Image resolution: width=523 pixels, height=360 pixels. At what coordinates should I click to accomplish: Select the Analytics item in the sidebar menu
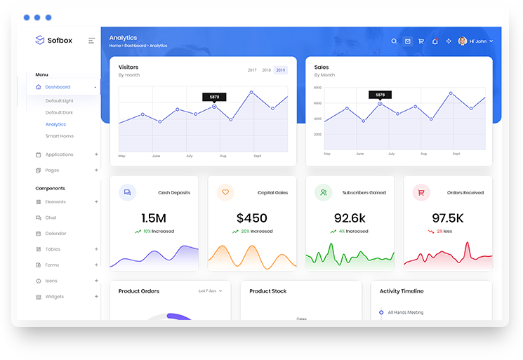[55, 124]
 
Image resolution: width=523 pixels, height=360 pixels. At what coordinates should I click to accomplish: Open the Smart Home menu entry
[59, 136]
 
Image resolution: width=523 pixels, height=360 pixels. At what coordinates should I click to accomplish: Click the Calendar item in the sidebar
[55, 234]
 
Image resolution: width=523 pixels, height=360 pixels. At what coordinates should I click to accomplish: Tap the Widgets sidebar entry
[54, 297]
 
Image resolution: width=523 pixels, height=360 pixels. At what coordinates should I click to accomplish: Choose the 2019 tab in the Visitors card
[281, 70]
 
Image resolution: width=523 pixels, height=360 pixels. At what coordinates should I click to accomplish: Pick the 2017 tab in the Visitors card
[252, 70]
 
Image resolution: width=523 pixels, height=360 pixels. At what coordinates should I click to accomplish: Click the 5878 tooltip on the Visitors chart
[214, 97]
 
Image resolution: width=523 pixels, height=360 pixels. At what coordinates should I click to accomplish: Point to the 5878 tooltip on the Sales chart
[380, 95]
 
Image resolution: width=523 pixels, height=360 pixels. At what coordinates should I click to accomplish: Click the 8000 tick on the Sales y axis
[317, 88]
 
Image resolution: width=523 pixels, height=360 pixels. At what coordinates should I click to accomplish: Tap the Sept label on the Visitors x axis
[258, 156]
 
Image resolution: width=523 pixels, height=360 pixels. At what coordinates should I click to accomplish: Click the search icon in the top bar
[395, 41]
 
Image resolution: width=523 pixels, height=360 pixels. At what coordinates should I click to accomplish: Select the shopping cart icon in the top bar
[421, 41]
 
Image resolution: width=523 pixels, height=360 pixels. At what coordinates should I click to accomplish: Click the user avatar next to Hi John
[463, 41]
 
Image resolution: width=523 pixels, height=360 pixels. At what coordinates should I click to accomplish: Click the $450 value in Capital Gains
[252, 218]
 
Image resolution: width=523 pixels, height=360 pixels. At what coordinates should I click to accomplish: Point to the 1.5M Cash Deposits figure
[154, 218]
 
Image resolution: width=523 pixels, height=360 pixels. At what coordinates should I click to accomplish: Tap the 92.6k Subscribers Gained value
[350, 218]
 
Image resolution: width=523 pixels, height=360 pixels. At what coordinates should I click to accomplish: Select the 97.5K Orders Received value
[447, 218]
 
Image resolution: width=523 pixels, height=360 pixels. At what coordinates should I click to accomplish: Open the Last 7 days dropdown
[210, 291]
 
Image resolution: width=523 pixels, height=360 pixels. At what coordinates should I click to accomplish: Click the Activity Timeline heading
[402, 291]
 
